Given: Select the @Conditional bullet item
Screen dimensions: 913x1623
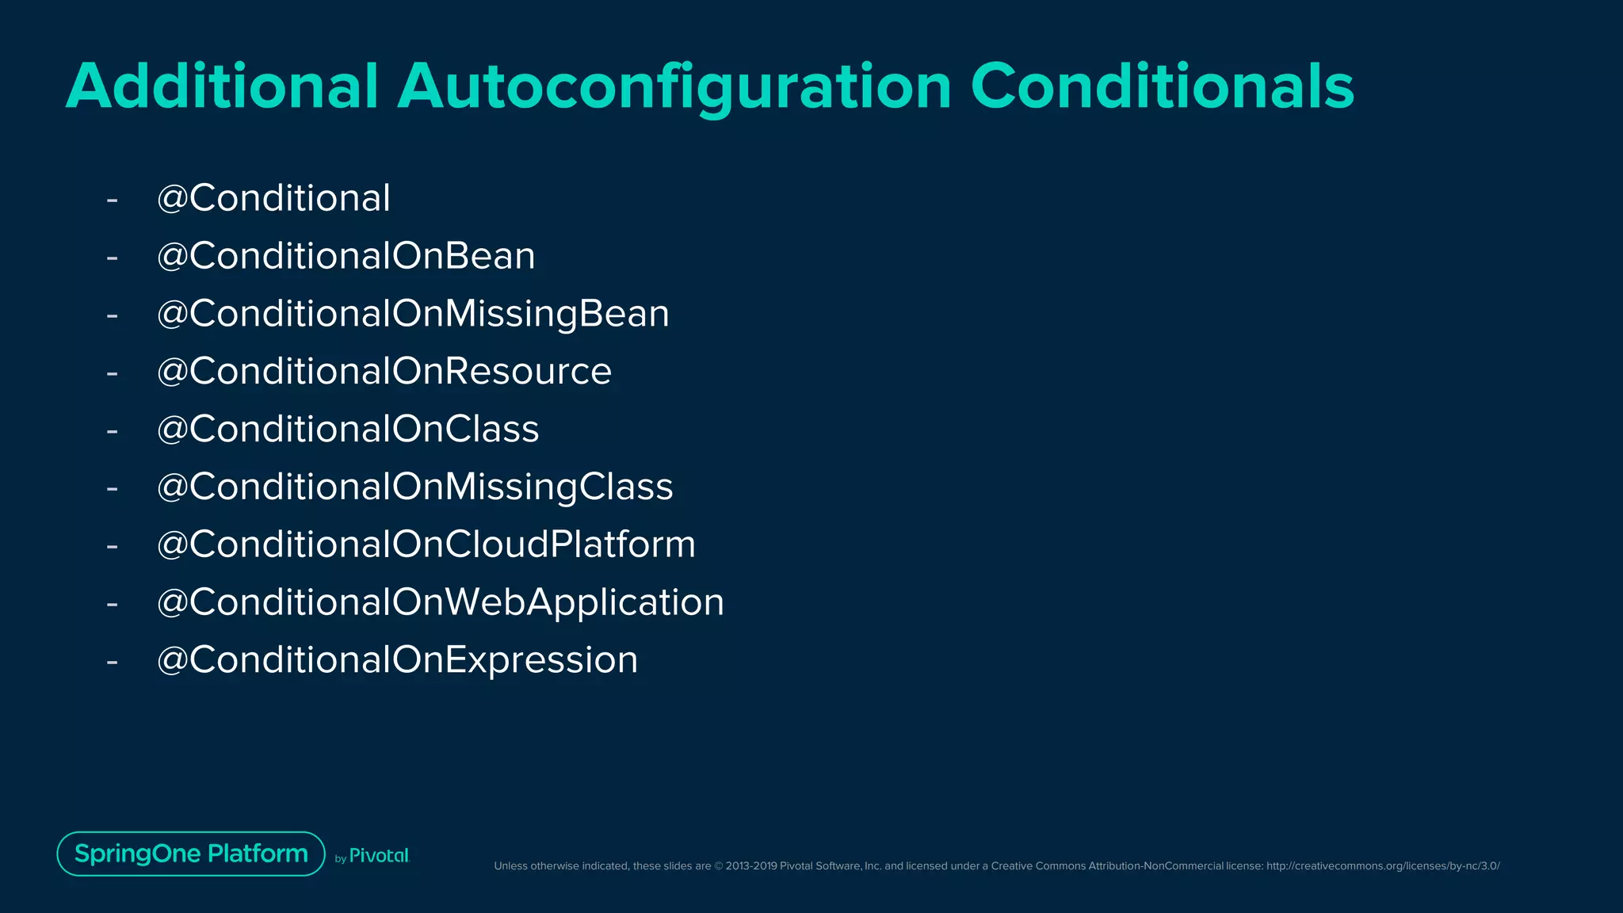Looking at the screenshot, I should click(x=273, y=198).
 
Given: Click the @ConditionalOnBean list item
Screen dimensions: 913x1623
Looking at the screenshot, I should click(x=346, y=256).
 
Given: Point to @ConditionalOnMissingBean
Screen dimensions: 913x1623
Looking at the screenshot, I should click(x=413, y=314).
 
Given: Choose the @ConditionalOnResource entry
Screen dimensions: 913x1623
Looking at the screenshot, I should click(x=384, y=372).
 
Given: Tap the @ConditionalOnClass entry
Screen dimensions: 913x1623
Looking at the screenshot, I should click(x=348, y=430).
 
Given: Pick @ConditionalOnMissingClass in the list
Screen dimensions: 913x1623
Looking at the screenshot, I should click(x=414, y=487).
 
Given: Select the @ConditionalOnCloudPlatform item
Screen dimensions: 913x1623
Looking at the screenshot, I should click(x=426, y=544).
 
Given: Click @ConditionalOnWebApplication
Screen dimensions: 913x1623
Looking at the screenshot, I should click(x=441, y=602).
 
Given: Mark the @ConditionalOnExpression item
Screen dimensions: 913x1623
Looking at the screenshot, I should click(x=397, y=660).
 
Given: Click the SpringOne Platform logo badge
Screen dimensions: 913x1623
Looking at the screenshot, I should click(x=191, y=854).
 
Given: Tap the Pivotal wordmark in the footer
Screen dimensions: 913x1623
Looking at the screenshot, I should click(x=379, y=856).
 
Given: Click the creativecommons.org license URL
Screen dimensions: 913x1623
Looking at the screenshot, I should click(x=1383, y=866).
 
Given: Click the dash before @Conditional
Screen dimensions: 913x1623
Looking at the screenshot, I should click(x=113, y=200).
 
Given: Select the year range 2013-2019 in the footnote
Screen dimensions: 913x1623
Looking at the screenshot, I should click(x=751, y=866).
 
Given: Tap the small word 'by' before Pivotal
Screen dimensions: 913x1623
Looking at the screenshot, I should click(x=341, y=859).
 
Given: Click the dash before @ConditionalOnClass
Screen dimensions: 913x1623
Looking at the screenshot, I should click(x=113, y=431).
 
